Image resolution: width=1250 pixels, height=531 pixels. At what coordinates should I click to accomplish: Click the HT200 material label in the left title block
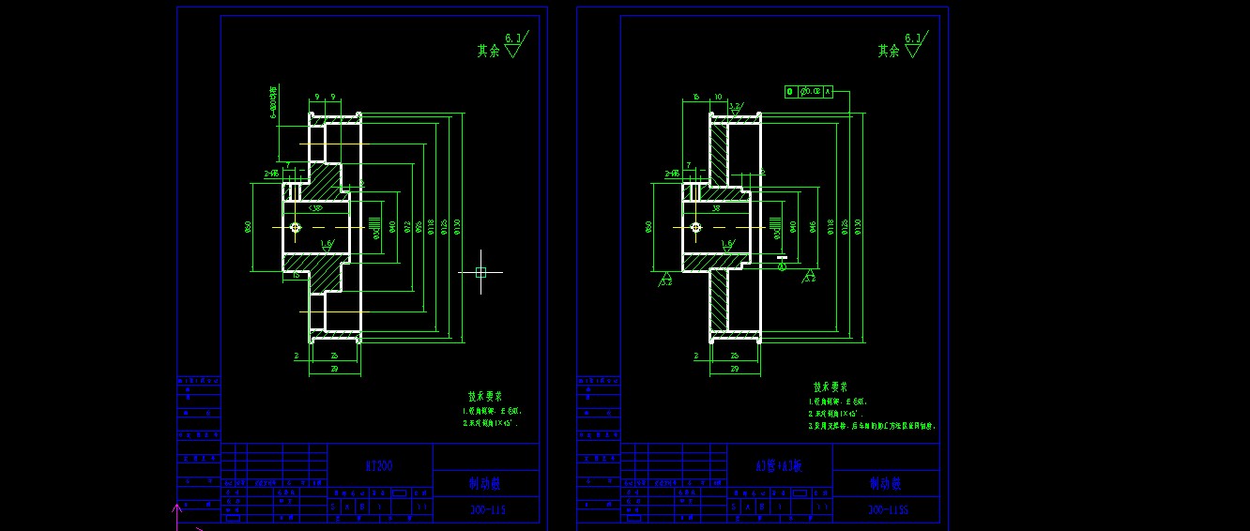point(379,465)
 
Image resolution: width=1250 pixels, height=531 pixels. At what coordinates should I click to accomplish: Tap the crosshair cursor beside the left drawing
point(480,272)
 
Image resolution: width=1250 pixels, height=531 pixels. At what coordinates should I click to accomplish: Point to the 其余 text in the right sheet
point(889,52)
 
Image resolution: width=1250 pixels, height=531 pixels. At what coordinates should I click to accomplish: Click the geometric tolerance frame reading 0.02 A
point(809,92)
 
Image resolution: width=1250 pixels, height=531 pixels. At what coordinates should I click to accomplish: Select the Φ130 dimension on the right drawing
point(858,226)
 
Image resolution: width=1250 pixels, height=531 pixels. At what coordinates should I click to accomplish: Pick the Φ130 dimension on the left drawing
point(457,226)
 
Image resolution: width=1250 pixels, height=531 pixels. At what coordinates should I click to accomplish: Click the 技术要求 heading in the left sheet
point(486,397)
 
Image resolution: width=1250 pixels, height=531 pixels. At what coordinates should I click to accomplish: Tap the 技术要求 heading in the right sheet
point(831,387)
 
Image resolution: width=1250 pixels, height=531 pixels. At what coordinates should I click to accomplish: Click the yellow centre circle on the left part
point(295,227)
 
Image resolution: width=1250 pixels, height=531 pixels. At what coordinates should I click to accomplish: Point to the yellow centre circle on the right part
point(695,227)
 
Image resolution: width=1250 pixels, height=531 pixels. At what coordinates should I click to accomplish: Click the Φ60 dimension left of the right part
point(649,226)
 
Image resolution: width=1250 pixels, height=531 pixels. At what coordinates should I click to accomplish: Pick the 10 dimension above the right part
point(718,97)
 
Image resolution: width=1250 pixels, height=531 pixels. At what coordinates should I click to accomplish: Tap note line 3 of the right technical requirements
point(872,426)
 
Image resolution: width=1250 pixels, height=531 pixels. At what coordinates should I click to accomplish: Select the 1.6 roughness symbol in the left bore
point(327,244)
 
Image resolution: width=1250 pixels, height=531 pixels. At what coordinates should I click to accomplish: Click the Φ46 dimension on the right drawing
point(814,226)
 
